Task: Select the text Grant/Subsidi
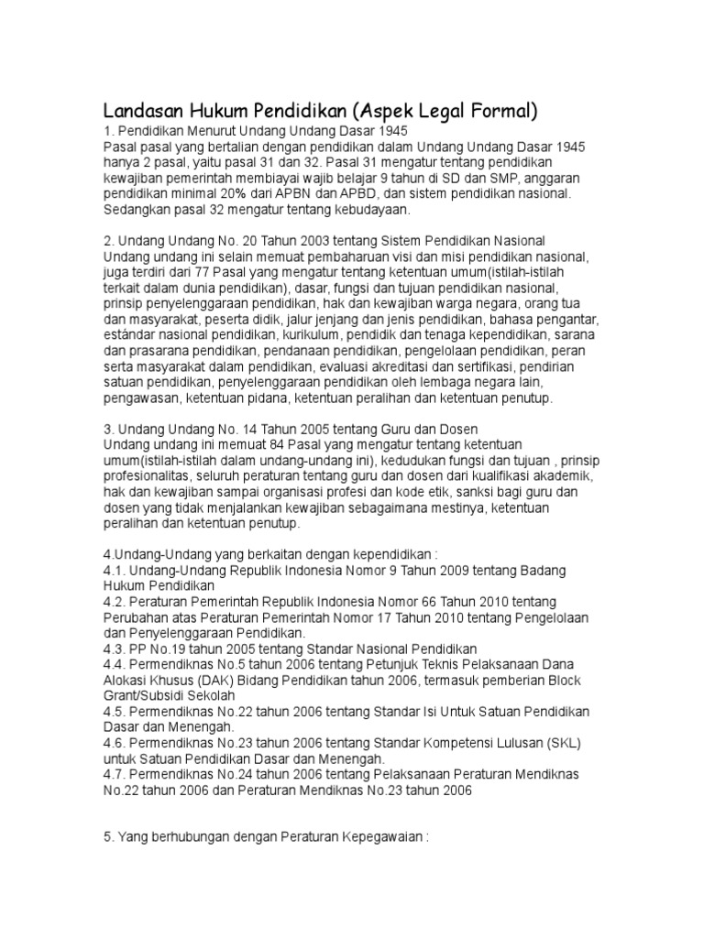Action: [x=147, y=696]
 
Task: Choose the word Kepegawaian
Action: [x=381, y=837]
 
